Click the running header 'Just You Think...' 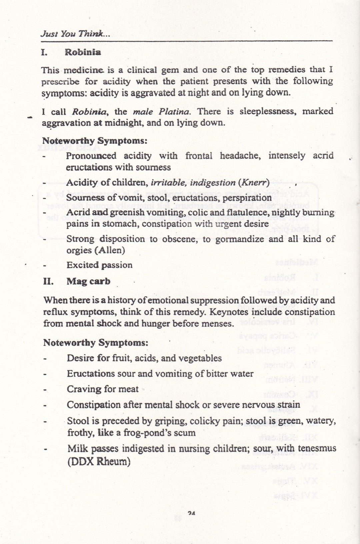(75, 34)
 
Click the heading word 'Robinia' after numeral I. (83, 52)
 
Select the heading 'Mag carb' (88, 281)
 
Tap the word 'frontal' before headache (199, 156)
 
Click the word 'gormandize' (240, 239)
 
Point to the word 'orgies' (79, 250)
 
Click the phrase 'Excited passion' (99, 265)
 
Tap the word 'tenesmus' (316, 449)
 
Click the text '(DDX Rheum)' (99, 462)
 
